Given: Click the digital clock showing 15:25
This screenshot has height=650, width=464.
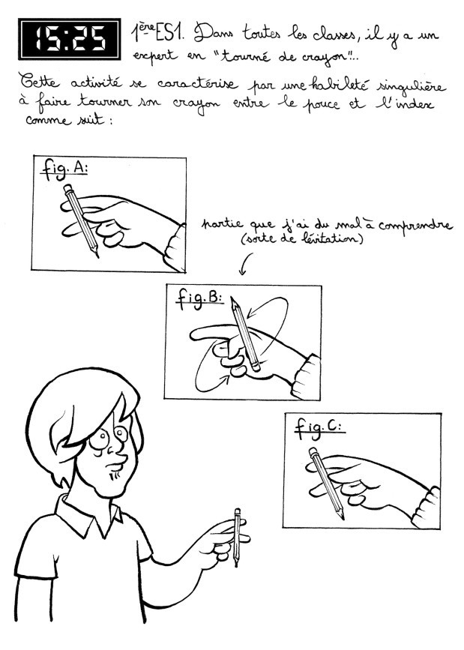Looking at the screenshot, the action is [70, 39].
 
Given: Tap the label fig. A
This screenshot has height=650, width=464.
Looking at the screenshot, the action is [64, 169].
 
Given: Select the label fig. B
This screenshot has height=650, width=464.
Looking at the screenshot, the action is [199, 298].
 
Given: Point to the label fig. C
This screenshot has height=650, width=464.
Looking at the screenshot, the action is [319, 428].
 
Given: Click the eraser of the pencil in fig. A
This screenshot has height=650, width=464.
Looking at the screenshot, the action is [68, 189].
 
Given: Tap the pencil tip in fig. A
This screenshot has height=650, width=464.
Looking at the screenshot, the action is [97, 253].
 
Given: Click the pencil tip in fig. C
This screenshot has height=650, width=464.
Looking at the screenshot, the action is [342, 516].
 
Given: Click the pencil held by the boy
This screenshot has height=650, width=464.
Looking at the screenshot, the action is [237, 538].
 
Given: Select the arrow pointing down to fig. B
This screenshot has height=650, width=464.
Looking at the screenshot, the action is [244, 264].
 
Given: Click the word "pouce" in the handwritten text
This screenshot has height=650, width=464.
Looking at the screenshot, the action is [319, 103].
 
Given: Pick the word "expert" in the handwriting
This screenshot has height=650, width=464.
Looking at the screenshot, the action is [154, 57].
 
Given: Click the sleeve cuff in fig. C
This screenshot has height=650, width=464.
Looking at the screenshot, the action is [426, 508].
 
